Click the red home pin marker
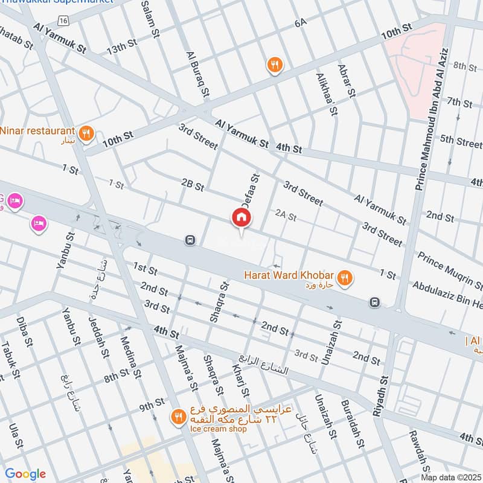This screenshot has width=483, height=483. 241,218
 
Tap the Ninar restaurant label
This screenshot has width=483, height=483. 37,130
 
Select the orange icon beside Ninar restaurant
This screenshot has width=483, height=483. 86,134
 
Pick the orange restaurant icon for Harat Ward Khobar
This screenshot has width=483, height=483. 344,277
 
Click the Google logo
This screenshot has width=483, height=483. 25,474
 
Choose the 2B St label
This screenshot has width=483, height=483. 193,184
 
